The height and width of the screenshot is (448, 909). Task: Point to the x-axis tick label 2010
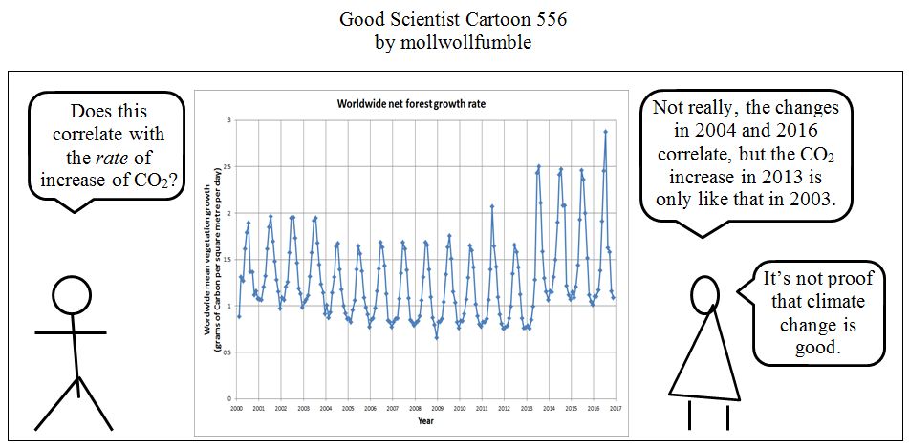[460, 408]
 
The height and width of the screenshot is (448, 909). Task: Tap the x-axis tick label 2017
[616, 408]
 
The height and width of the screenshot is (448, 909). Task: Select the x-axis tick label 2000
[236, 408]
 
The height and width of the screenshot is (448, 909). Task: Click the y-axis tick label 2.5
[227, 167]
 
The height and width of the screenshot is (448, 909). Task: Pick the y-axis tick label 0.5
[227, 352]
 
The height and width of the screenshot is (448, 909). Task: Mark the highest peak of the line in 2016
[605, 132]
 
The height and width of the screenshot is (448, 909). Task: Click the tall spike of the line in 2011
[492, 206]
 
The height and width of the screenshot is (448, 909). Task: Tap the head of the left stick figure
[70, 295]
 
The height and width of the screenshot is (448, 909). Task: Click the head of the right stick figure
[704, 294]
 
